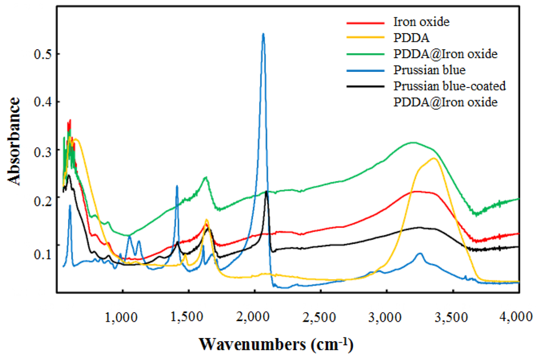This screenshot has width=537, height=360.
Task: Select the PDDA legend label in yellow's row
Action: (x=408, y=38)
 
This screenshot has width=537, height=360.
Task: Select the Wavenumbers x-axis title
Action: (x=275, y=344)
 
